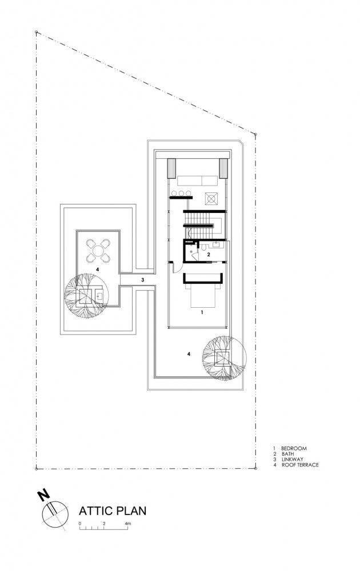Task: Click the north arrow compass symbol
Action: tap(53, 512)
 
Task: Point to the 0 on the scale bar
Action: tap(81, 524)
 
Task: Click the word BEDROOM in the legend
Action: tap(294, 449)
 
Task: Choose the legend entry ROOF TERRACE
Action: tap(299, 465)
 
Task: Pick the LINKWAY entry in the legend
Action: tap(293, 460)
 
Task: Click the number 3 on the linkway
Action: tap(142, 280)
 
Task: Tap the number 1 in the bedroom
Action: tap(201, 313)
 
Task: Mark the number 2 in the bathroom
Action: tap(209, 254)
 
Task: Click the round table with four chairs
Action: tap(98, 250)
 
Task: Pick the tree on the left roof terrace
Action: tap(84, 294)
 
